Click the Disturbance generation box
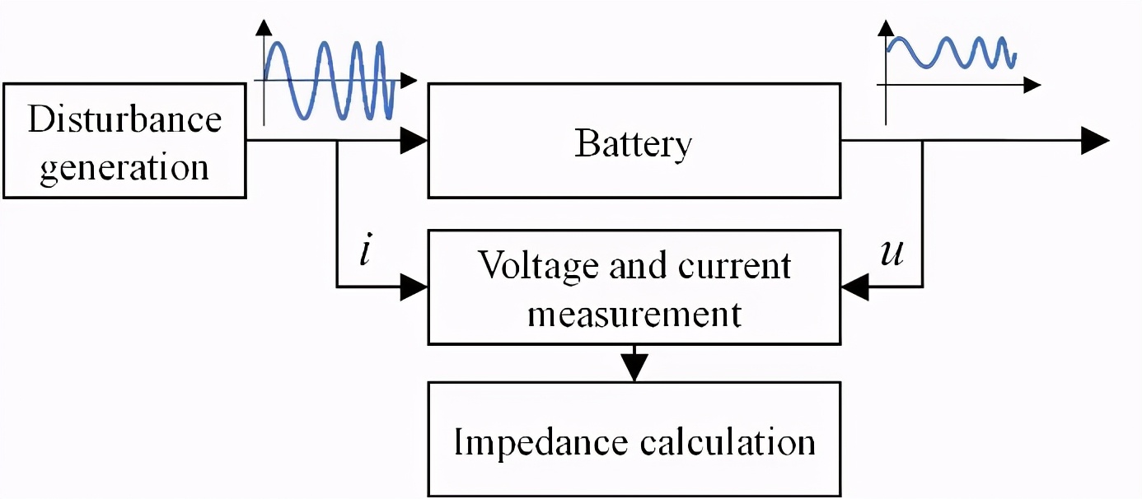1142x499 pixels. point(124,141)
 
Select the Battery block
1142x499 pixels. point(634,141)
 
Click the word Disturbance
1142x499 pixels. point(124,119)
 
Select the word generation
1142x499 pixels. point(124,167)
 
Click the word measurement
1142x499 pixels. point(634,313)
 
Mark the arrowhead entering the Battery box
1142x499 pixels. point(414,142)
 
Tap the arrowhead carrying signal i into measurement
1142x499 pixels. point(414,287)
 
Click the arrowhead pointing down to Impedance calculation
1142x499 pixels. point(634,366)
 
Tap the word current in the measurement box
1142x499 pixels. point(735,266)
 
